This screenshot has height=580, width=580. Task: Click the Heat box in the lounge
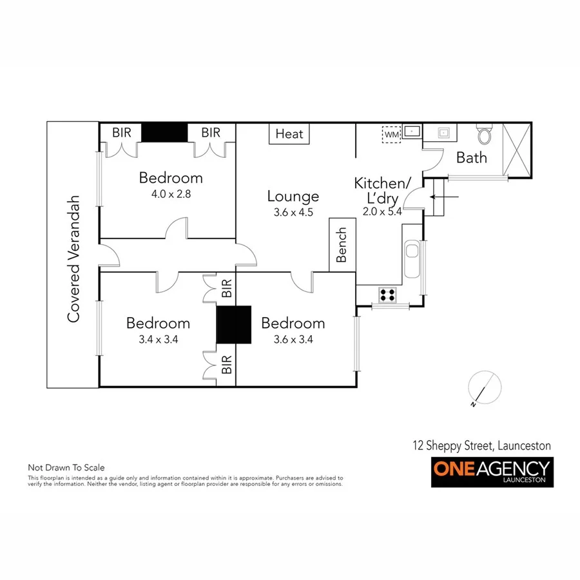[289, 134]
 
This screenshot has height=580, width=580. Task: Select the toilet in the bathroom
[484, 135]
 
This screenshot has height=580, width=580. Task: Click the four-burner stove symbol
[387, 295]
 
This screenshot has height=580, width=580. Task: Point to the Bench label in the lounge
[342, 245]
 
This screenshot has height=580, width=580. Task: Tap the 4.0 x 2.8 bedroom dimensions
[171, 193]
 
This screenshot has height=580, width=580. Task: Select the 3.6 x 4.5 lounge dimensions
[293, 212]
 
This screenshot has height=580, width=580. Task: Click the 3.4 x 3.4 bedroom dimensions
[158, 339]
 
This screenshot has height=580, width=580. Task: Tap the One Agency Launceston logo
[492, 472]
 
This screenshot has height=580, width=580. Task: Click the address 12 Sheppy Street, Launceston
[481, 445]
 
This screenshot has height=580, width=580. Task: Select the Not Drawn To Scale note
[66, 468]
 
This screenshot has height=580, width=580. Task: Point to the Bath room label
[471, 157]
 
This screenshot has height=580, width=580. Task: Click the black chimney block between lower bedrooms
[233, 325]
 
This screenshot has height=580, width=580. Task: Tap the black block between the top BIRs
[164, 133]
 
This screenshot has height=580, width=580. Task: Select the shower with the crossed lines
[517, 150]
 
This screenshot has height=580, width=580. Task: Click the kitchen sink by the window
[412, 257]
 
